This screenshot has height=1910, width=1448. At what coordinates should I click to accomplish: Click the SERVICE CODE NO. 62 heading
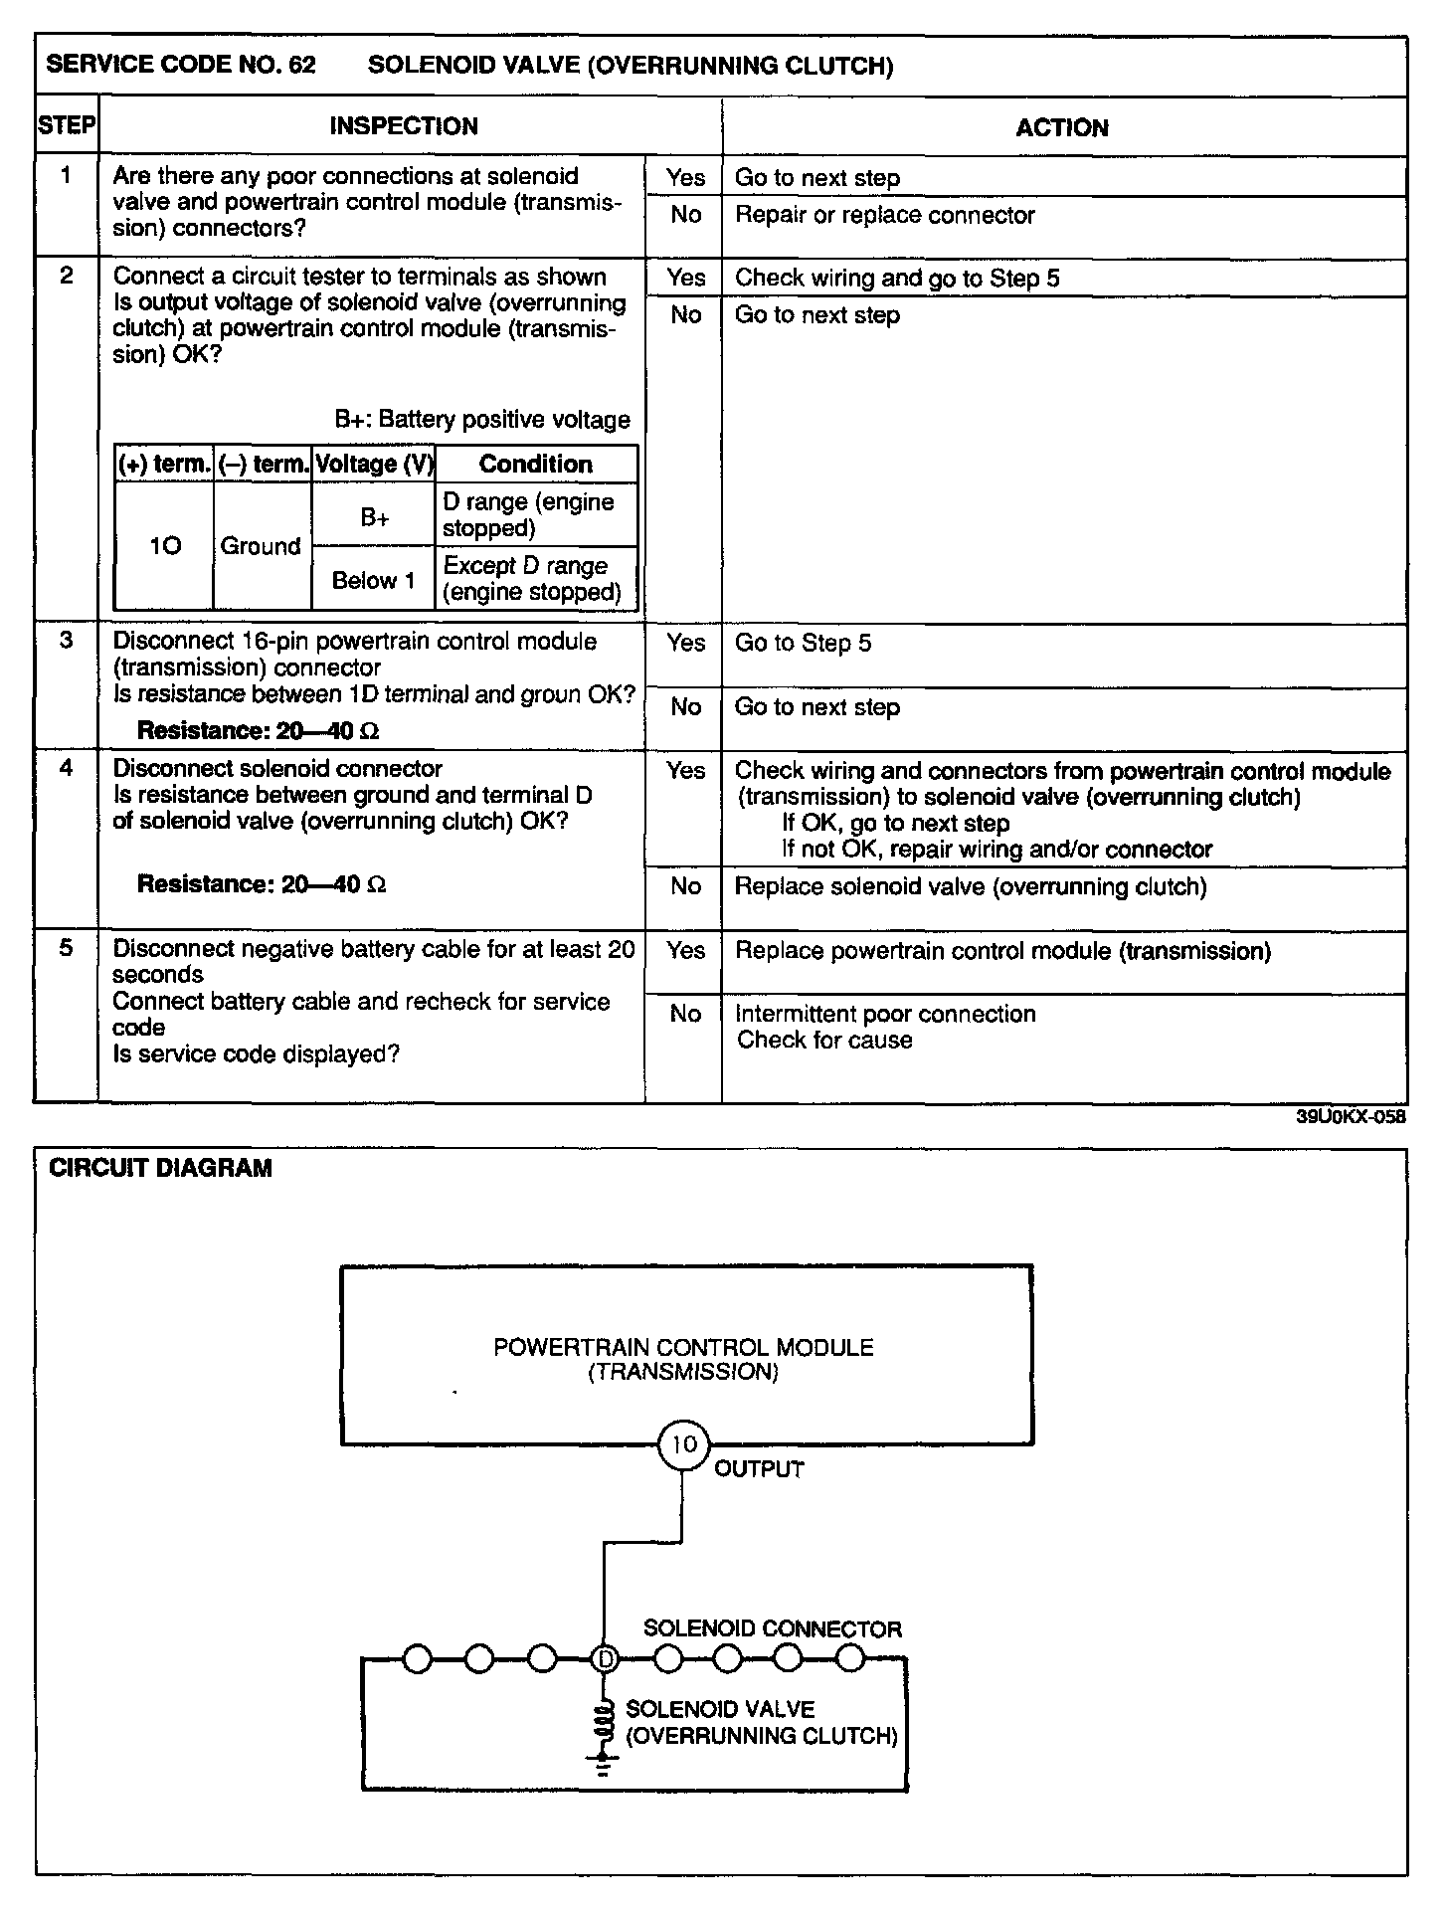(x=181, y=66)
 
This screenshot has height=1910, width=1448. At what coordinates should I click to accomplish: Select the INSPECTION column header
(x=404, y=126)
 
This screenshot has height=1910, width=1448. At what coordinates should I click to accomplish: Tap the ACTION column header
(x=1062, y=127)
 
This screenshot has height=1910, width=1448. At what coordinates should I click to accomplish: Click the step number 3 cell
(x=66, y=641)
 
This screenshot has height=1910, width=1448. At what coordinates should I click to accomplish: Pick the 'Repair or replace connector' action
(x=884, y=216)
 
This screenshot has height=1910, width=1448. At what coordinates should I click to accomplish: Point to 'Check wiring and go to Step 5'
(x=896, y=279)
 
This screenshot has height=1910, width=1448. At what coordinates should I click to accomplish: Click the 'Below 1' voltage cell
(x=373, y=580)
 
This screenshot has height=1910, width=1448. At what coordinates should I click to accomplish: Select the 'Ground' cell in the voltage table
(x=261, y=546)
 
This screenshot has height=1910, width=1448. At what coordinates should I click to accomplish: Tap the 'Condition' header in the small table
(x=535, y=464)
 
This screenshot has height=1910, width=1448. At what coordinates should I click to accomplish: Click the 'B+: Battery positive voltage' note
(x=482, y=420)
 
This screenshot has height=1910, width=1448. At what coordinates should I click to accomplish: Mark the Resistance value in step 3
(x=258, y=731)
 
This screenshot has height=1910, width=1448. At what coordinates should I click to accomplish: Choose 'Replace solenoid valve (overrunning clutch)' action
(x=970, y=886)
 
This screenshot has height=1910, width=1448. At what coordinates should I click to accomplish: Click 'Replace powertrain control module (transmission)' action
(x=1002, y=951)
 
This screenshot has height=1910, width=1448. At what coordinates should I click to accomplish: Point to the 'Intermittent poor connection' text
(x=885, y=1014)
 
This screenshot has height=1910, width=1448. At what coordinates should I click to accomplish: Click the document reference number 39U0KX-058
(x=1351, y=1116)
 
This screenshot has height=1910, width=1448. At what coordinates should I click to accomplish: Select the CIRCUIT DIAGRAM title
(x=160, y=1168)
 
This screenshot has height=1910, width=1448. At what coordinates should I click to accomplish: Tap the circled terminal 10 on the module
(x=684, y=1444)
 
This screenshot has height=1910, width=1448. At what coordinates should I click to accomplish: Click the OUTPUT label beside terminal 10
(x=759, y=1468)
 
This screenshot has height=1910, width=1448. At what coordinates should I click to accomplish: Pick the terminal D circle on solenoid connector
(x=604, y=1658)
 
